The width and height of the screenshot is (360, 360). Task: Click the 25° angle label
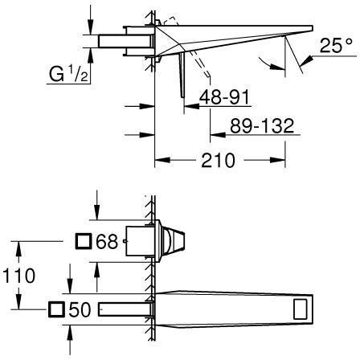point(336,45)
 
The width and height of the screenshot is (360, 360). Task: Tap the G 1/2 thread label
point(68,74)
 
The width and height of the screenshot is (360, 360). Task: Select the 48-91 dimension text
point(224,97)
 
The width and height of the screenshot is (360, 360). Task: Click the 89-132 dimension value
point(262,125)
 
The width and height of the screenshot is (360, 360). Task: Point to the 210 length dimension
point(218,160)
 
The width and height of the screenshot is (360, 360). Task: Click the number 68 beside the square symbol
point(107,241)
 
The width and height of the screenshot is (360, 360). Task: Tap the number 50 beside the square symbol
point(80,309)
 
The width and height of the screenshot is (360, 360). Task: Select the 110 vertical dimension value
point(18,276)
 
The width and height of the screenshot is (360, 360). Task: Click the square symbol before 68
point(84,241)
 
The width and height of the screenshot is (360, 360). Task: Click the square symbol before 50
point(56,309)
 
